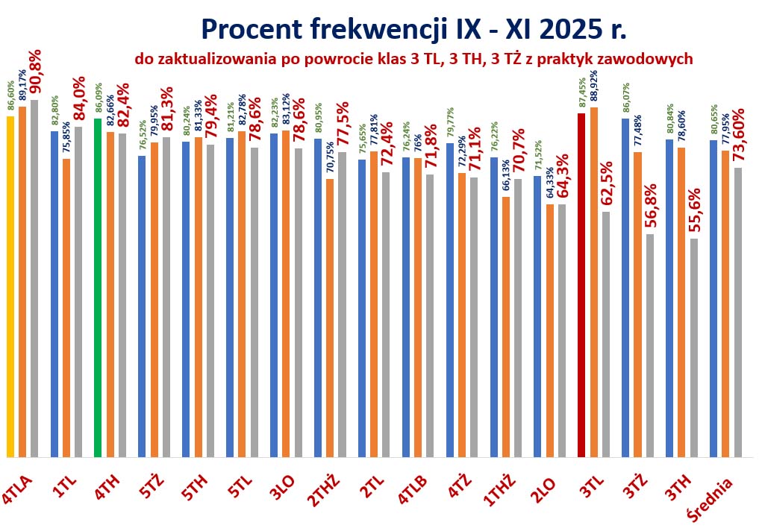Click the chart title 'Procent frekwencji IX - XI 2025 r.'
pyautogui.click(x=413, y=29)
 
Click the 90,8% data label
pyautogui.click(x=36, y=73)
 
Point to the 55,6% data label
pyautogui.click(x=695, y=210)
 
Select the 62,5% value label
pyautogui.click(x=607, y=184)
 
